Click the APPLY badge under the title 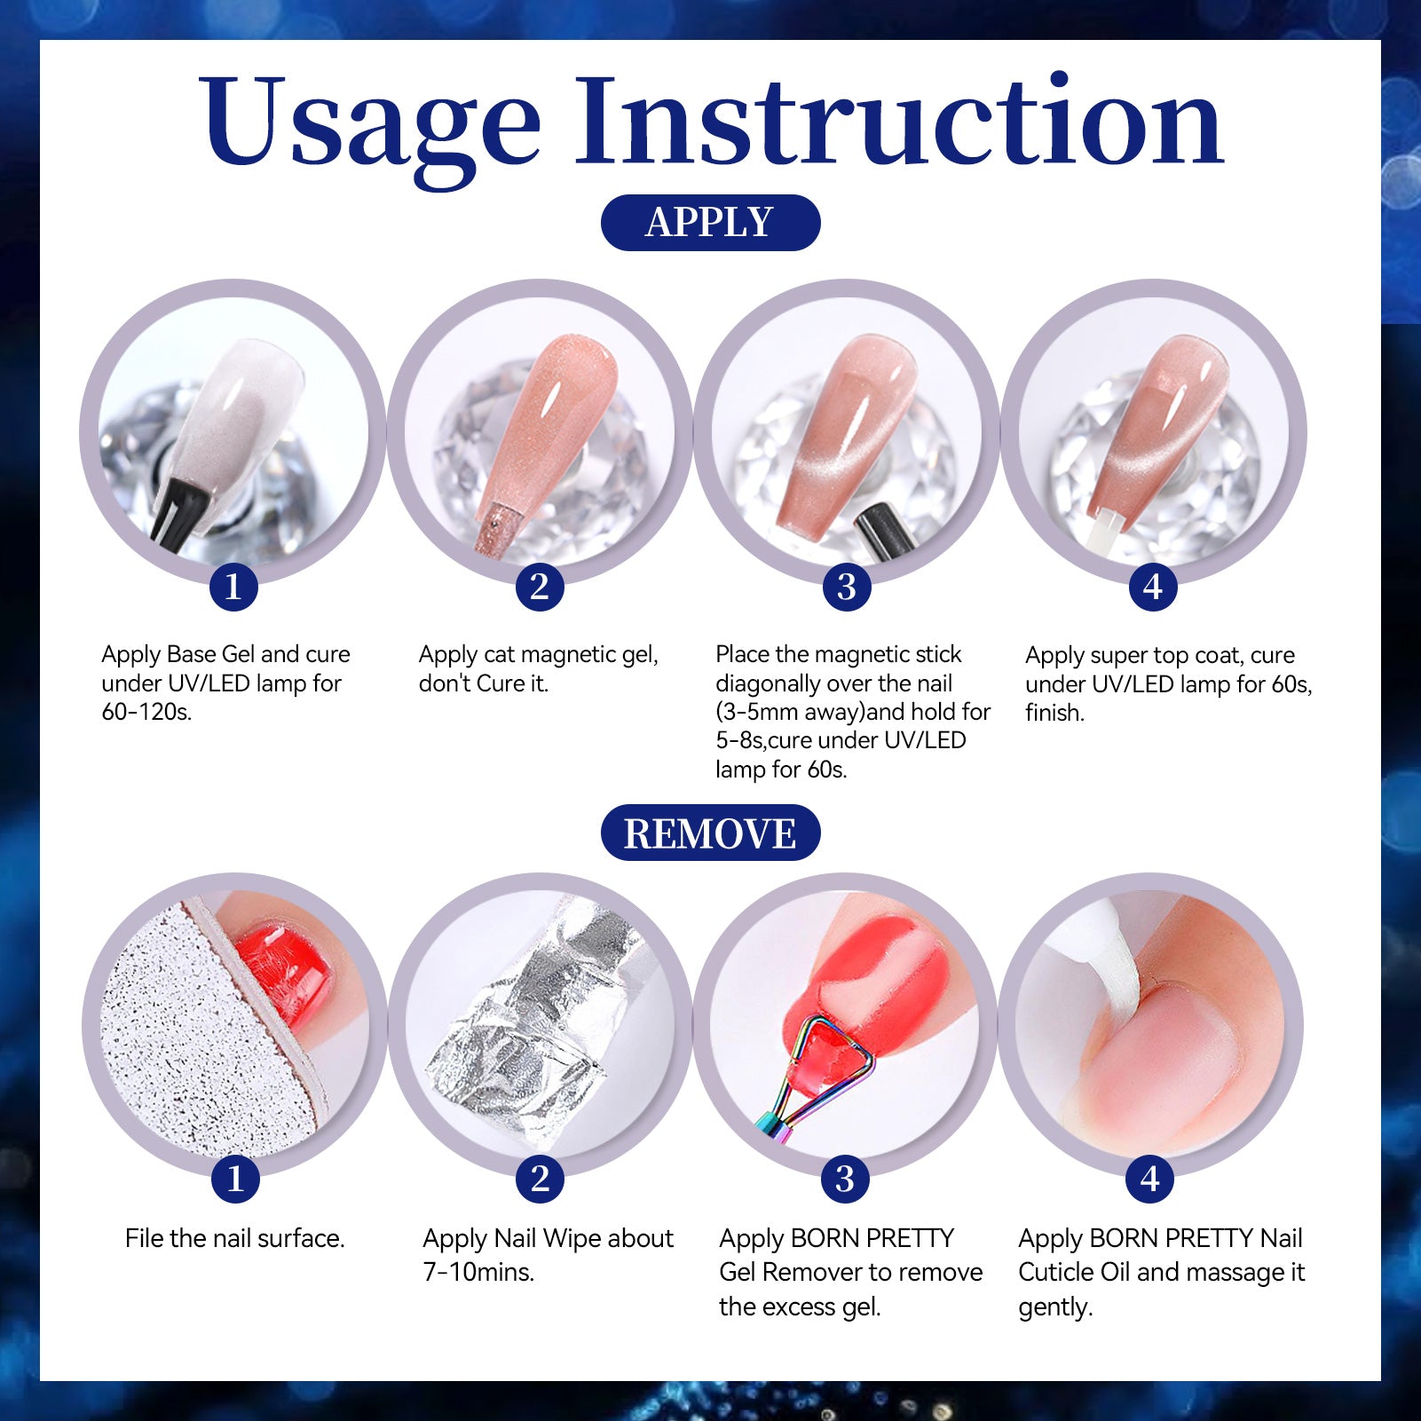(x=710, y=222)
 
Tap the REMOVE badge (x=710, y=833)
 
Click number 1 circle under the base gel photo (x=233, y=587)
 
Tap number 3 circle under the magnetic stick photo (x=847, y=587)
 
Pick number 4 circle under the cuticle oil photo (x=1150, y=1179)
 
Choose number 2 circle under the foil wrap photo (x=540, y=1179)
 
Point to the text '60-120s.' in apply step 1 (x=146, y=712)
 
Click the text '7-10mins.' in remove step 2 (x=478, y=1272)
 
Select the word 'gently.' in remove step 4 (x=1055, y=1307)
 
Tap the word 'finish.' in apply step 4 (x=1054, y=713)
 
